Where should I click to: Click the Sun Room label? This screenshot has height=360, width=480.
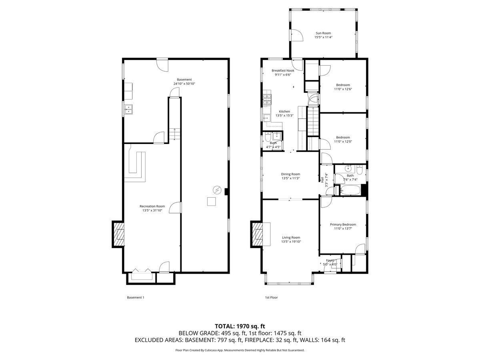tap(323, 33)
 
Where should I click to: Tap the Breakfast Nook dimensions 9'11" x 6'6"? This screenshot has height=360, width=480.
tap(282, 75)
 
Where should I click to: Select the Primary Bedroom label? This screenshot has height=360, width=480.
tap(343, 224)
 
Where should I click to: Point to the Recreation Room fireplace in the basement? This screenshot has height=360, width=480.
tap(118, 234)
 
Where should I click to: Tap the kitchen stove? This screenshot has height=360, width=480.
tap(267, 100)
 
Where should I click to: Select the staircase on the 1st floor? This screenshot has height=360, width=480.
tap(313, 122)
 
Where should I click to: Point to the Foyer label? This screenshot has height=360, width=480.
tap(330, 260)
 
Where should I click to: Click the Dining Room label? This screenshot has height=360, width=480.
tap(290, 174)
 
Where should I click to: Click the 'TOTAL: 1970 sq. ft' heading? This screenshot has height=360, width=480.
tap(240, 326)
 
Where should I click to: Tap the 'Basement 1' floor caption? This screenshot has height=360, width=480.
tap(135, 298)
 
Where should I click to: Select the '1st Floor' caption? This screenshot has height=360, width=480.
tap(271, 298)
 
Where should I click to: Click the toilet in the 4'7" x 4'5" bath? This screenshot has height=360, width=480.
tap(267, 139)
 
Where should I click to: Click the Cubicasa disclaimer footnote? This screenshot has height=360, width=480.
tap(240, 350)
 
